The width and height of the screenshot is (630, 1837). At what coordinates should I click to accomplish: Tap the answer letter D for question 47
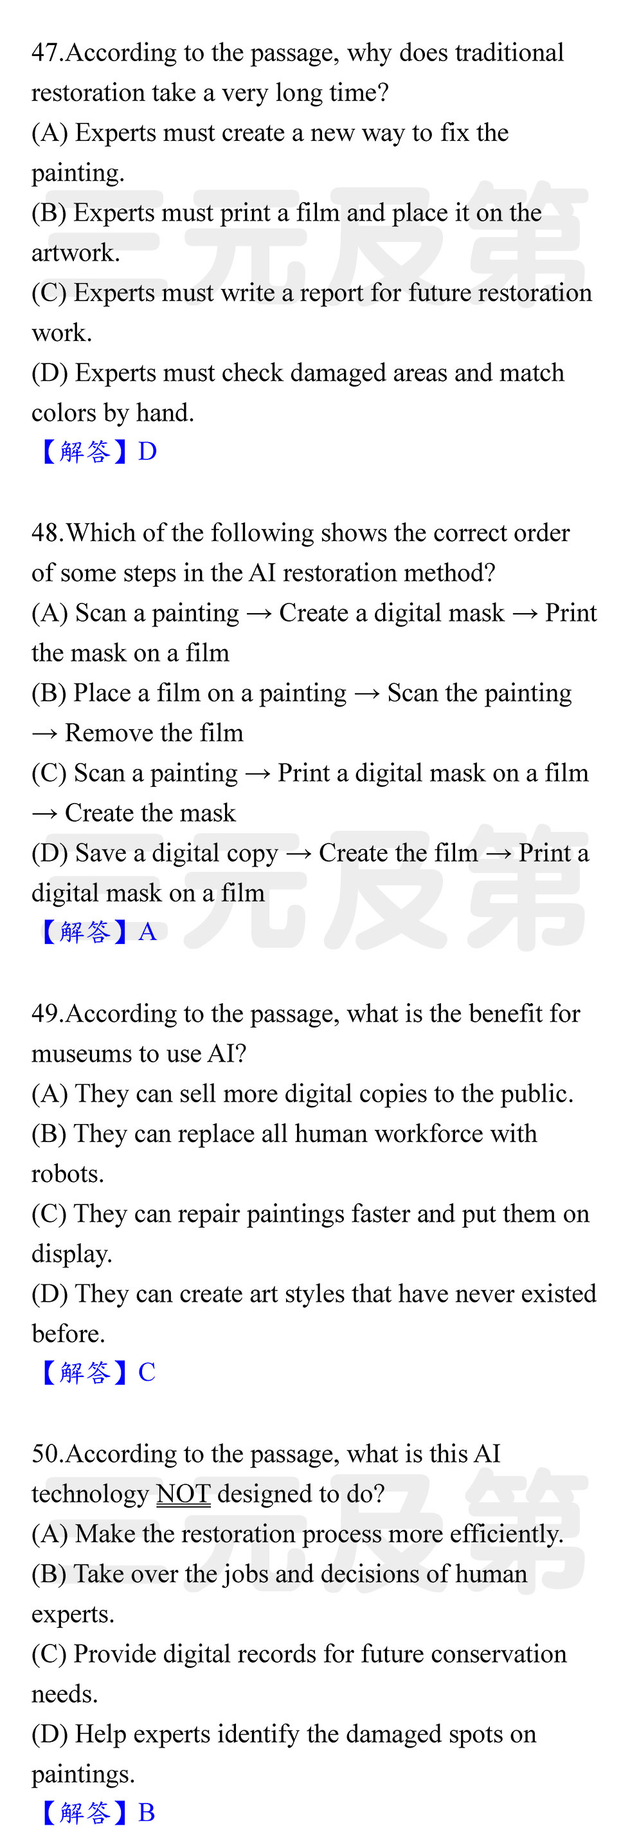(147, 452)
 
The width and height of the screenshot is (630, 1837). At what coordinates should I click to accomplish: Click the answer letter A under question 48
(147, 931)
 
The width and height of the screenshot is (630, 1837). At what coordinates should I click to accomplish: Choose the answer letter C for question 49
(147, 1372)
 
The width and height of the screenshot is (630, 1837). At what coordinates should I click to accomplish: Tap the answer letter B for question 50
(147, 1812)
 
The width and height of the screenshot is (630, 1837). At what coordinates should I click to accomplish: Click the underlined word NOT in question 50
(183, 1493)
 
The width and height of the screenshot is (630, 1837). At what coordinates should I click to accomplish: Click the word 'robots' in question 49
(65, 1174)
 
